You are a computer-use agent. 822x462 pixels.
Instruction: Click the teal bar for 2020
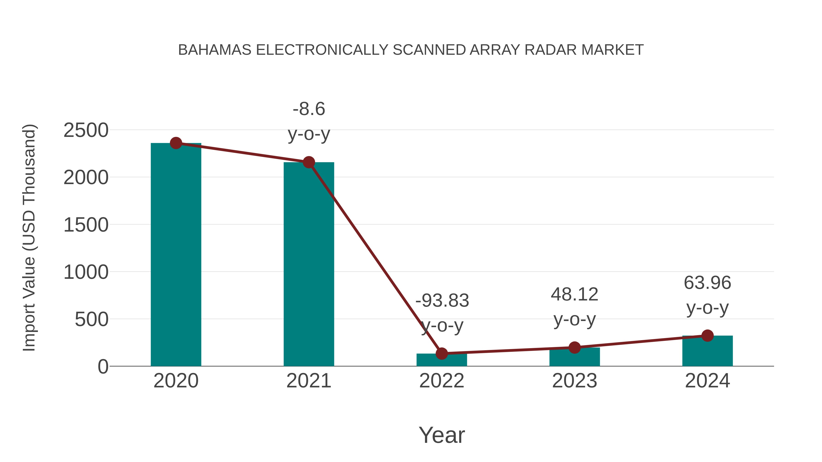tap(176, 255)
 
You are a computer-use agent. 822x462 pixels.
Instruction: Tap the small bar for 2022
tap(442, 360)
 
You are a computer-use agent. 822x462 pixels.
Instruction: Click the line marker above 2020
tap(176, 143)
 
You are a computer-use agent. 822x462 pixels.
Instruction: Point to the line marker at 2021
tap(308, 162)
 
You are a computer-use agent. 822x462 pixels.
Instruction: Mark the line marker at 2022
tap(442, 353)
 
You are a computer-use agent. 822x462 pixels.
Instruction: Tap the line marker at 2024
tap(707, 335)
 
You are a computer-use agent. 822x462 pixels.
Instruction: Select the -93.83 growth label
tap(442, 301)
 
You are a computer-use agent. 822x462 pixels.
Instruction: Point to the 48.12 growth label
tap(574, 294)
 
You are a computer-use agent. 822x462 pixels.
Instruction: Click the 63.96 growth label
tap(707, 283)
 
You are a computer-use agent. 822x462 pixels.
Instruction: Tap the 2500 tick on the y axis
tap(86, 131)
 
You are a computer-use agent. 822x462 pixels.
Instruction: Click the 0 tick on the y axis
tap(103, 367)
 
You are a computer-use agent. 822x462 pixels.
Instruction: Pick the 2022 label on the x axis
tap(442, 381)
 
